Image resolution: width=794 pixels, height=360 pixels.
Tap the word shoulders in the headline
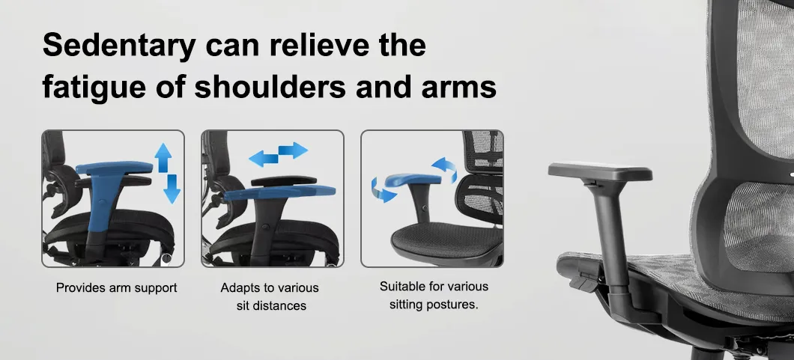pyautogui.click(x=270, y=86)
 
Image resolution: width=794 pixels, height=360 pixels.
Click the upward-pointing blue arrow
pyautogui.click(x=163, y=158)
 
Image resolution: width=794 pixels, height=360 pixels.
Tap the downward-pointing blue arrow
pyautogui.click(x=172, y=189)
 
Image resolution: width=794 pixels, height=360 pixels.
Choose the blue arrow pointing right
pyautogui.click(x=293, y=150)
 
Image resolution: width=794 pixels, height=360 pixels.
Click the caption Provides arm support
pyautogui.click(x=116, y=287)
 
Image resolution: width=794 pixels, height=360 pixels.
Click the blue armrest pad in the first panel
pyautogui.click(x=115, y=169)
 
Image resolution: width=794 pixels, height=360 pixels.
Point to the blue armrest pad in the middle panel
pyautogui.click(x=279, y=192)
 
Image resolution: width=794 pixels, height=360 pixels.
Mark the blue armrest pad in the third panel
pyautogui.click(x=413, y=180)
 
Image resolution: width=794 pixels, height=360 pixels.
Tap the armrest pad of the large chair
pyautogui.click(x=600, y=171)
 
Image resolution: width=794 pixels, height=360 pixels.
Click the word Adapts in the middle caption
pyautogui.click(x=239, y=288)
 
